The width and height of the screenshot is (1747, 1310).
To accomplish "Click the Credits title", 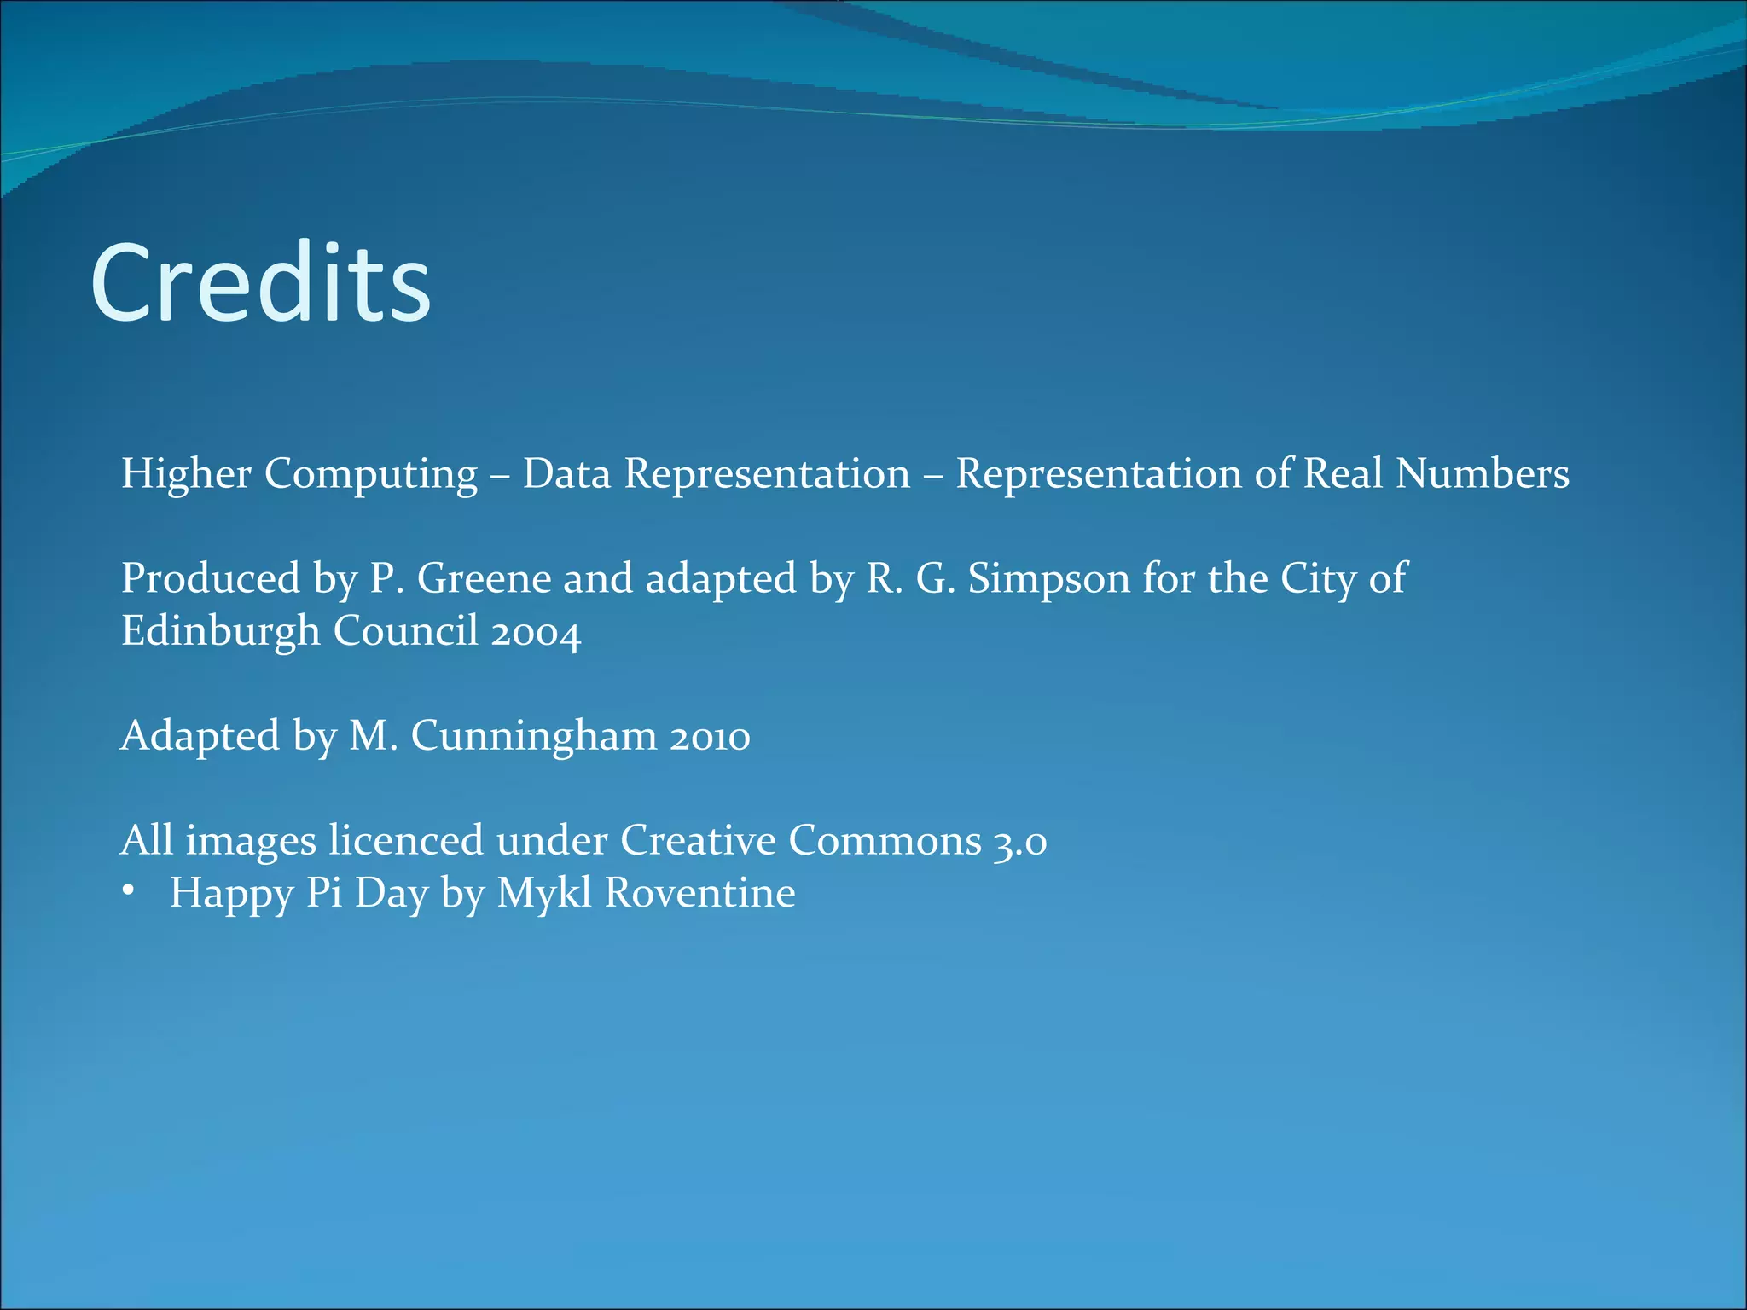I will tap(260, 283).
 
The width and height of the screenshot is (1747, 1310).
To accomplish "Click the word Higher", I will tap(186, 473).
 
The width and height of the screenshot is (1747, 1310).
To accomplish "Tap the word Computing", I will tap(370, 475).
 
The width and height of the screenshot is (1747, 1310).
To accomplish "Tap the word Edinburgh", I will tap(220, 632).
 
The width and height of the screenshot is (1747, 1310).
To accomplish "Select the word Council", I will tap(405, 631).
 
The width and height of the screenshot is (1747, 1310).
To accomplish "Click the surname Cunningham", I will tap(534, 737).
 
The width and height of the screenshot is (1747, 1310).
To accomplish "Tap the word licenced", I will tap(406, 840).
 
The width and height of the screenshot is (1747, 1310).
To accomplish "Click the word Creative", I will tap(698, 840).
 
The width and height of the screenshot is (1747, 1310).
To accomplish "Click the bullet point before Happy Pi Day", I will tap(128, 891).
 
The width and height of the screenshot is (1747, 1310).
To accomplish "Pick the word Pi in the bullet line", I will tap(324, 893).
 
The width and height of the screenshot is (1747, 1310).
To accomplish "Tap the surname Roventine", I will tap(699, 893).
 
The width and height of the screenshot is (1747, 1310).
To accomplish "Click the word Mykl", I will tap(543, 894).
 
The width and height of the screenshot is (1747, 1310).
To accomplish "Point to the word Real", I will tap(1343, 473).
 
